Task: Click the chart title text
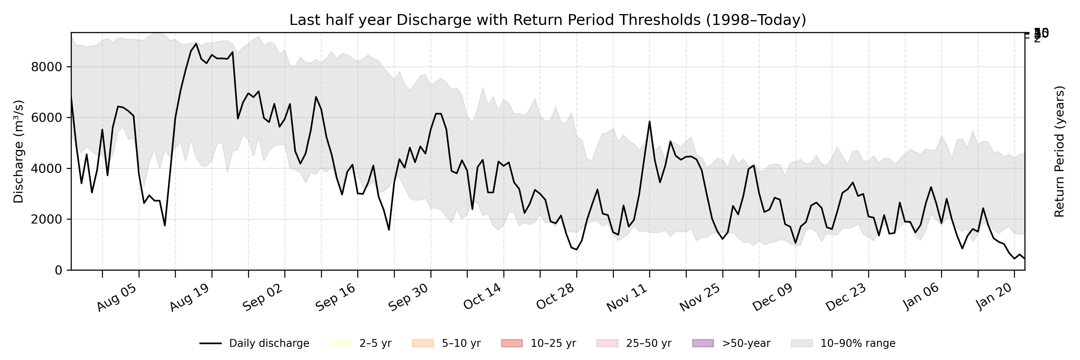pos(547,20)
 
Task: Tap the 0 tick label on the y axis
pos(58,270)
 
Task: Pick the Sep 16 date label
pos(335,298)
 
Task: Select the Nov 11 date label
pos(627,298)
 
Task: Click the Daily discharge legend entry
pos(254,344)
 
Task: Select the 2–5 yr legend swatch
pos(340,344)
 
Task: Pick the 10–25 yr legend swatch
pos(512,344)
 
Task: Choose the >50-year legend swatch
pos(703,344)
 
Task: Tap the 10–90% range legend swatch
pos(802,344)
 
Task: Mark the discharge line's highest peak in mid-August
pos(196,43)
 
